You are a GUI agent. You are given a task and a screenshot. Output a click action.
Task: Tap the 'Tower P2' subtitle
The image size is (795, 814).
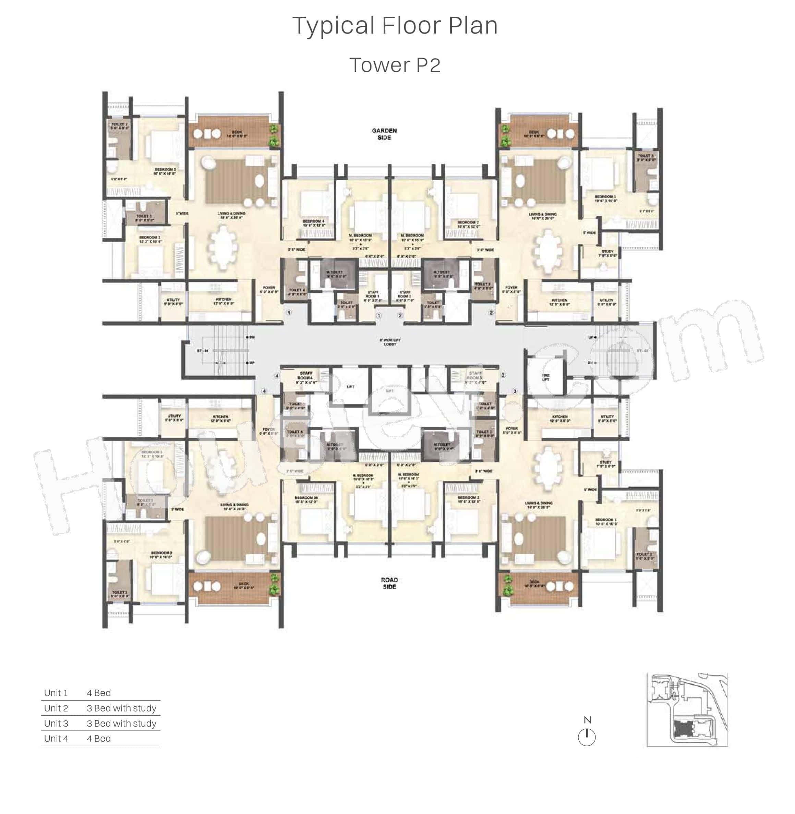click(395, 65)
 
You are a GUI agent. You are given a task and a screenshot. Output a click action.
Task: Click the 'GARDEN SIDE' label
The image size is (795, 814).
click(384, 134)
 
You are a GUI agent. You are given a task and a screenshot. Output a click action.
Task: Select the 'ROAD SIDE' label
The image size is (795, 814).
click(389, 583)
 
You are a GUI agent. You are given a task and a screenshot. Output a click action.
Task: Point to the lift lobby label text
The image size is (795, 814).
click(390, 342)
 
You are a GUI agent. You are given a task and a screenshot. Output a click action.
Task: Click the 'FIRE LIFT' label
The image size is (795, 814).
click(545, 377)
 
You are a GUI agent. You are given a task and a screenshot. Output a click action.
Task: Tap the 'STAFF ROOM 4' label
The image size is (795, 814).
click(306, 377)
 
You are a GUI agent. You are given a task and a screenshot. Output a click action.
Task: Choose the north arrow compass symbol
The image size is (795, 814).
click(587, 738)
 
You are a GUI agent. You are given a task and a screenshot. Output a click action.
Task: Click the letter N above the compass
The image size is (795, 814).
click(587, 720)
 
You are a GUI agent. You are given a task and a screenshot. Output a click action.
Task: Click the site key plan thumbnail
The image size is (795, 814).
click(687, 710)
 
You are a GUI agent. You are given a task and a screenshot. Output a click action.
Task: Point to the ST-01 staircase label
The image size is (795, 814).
click(203, 351)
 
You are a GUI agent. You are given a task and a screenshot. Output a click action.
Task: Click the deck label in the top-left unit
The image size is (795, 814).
click(237, 134)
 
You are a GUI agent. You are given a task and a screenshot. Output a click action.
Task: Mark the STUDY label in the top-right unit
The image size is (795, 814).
click(607, 253)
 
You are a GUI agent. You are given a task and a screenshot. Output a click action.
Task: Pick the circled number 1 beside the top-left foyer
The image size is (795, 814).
click(289, 312)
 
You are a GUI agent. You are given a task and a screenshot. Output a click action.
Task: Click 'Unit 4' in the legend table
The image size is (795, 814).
click(56, 739)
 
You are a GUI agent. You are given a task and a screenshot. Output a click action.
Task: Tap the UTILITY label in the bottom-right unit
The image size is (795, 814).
click(607, 418)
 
